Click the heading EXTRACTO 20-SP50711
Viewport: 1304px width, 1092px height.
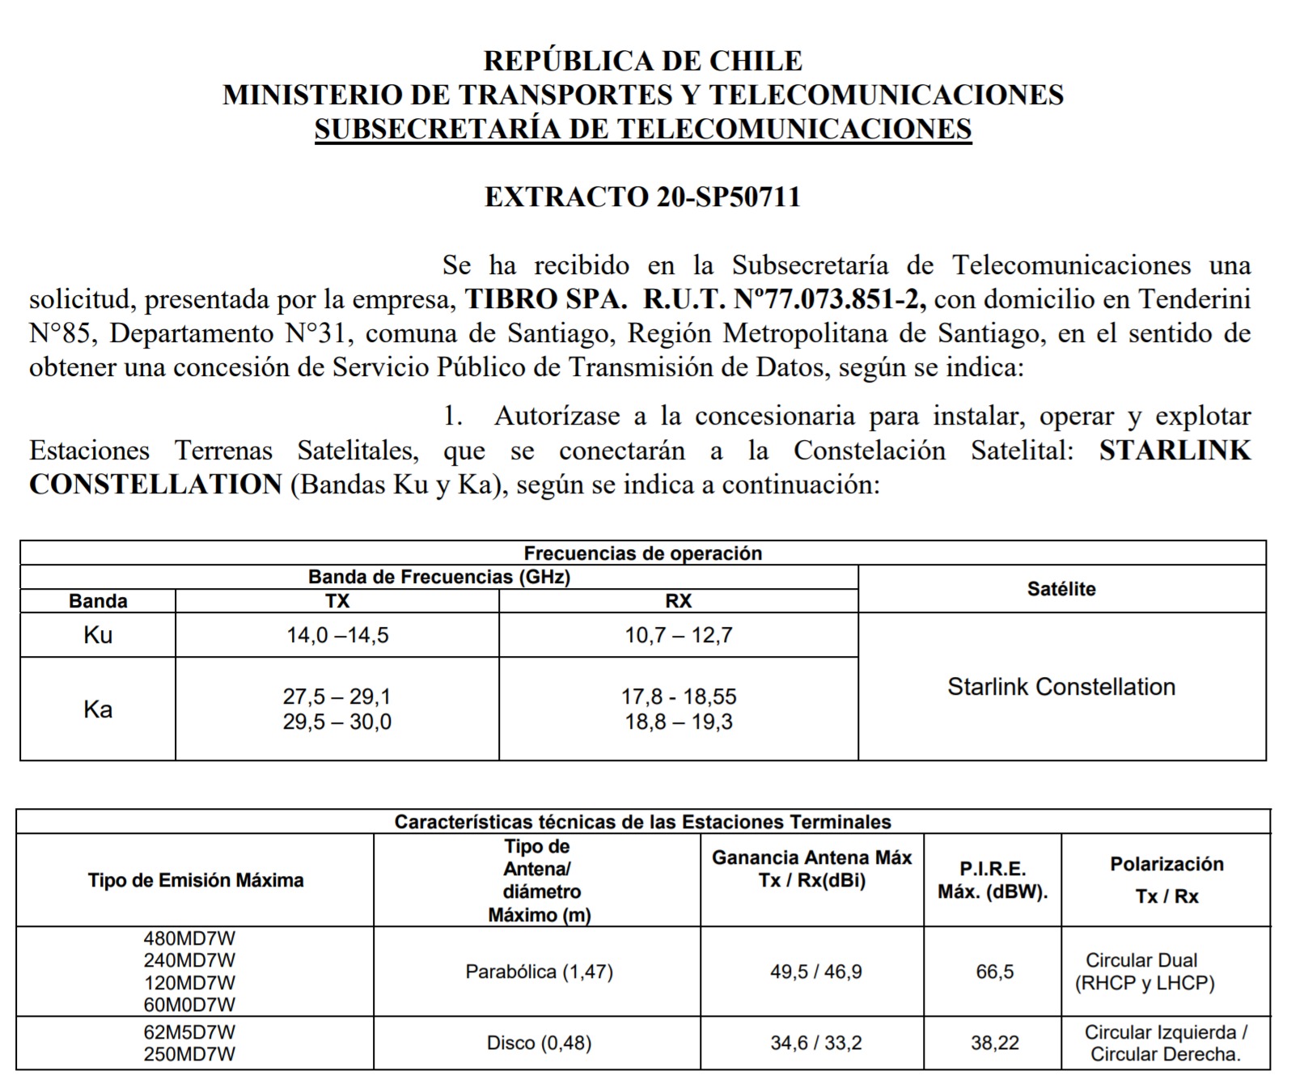point(642,197)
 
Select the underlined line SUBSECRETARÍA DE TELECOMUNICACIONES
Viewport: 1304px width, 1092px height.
point(642,129)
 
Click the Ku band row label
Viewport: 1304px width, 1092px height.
point(98,636)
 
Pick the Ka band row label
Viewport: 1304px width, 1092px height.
point(98,709)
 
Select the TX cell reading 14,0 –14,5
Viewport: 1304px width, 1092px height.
point(337,636)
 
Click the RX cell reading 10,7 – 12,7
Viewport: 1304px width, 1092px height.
point(679,636)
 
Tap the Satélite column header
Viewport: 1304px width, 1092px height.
point(1061,589)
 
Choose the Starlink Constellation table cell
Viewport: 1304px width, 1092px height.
point(1061,687)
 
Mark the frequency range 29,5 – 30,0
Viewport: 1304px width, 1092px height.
point(337,722)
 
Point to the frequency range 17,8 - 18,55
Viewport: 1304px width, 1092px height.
point(679,696)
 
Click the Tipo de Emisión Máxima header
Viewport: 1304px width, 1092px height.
point(196,880)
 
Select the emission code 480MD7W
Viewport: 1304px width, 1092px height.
point(189,939)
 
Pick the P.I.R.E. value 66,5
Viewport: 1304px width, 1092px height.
point(994,971)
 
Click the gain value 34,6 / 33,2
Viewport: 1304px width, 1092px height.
point(816,1043)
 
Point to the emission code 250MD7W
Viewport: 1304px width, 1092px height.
point(189,1054)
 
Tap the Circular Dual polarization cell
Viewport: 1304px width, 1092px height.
point(1145,971)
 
